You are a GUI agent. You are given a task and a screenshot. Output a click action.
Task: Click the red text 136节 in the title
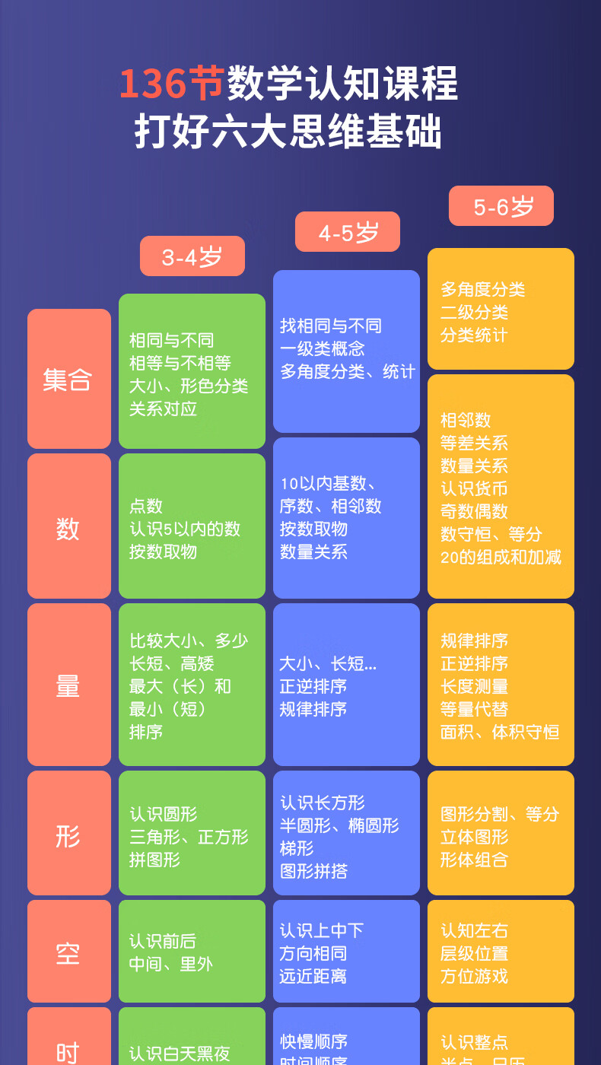[x=172, y=84]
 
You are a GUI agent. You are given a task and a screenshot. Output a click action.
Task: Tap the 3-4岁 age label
[x=192, y=256]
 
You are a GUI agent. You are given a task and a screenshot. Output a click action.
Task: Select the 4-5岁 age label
[x=348, y=232]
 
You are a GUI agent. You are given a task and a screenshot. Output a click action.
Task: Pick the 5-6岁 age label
[x=501, y=206]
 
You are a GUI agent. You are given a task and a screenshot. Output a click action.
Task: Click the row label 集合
[x=68, y=379]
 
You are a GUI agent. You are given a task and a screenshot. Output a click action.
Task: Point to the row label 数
[x=68, y=527]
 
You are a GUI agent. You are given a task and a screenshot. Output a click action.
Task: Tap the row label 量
[x=68, y=685]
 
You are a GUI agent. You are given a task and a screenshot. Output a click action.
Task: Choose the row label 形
[x=68, y=835]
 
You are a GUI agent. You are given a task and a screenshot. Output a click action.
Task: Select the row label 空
[x=68, y=952]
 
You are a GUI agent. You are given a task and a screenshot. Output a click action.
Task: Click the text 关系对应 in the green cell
[x=163, y=409]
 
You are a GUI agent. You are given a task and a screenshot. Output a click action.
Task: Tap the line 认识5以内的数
[x=185, y=529]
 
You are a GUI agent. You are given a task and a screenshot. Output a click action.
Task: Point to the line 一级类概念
[x=323, y=348]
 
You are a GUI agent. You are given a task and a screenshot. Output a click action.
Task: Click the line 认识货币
[x=474, y=488]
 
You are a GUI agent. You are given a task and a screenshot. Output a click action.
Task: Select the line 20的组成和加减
[x=501, y=557]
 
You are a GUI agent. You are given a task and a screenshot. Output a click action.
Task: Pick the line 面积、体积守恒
[x=500, y=732]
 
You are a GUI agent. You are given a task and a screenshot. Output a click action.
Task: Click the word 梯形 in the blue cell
[x=297, y=848]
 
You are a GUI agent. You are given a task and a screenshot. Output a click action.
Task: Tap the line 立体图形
[x=474, y=837]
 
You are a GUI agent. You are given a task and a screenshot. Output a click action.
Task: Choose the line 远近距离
[x=313, y=976]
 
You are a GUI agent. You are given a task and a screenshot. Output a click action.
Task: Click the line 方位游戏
[x=474, y=976]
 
